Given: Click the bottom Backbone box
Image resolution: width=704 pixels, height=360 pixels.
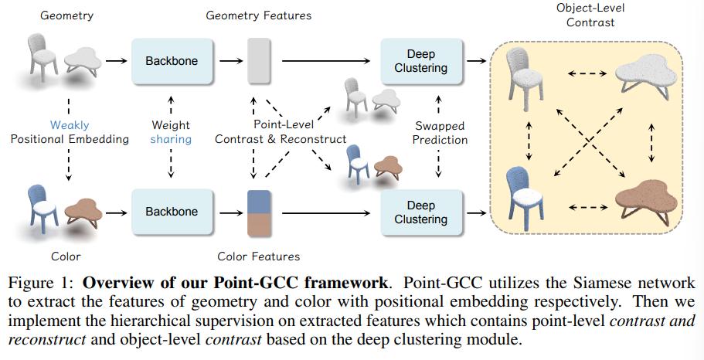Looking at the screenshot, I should pos(172,212).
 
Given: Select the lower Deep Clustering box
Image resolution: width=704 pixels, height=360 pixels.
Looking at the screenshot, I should pos(421,212).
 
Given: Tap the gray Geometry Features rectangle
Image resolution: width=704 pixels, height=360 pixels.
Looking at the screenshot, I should pos(257,59).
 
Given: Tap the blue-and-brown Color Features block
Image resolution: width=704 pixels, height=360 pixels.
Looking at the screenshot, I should pos(257,212).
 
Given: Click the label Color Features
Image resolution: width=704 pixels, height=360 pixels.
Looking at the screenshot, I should pos(259,256).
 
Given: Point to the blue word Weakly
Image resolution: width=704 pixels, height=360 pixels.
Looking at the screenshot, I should pos(70,124).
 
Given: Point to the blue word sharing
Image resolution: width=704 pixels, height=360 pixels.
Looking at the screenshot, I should pos(172,140).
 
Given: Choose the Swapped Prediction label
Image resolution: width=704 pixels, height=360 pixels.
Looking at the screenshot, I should pos(440,132).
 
